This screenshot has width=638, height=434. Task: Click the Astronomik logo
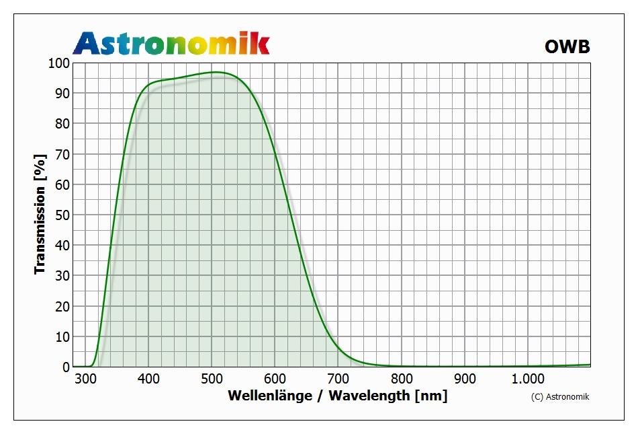[171, 43]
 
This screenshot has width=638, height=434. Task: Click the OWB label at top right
[567, 46]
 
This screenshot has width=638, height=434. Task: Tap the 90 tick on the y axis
[60, 94]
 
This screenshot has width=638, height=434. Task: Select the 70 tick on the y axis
[60, 154]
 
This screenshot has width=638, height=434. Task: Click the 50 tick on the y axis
[60, 215]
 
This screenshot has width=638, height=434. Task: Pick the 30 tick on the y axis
[60, 276]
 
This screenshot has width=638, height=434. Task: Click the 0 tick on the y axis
[65, 367]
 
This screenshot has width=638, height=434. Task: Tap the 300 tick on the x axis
[85, 379]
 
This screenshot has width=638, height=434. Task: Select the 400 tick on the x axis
[148, 379]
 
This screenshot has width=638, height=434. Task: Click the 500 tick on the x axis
[212, 379]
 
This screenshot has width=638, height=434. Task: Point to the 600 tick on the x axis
[275, 379]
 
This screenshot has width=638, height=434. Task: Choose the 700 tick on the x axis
[338, 379]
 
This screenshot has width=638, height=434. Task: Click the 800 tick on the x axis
[401, 379]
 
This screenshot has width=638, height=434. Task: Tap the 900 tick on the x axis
[464, 379]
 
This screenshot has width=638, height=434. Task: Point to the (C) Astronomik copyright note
[559, 397]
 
